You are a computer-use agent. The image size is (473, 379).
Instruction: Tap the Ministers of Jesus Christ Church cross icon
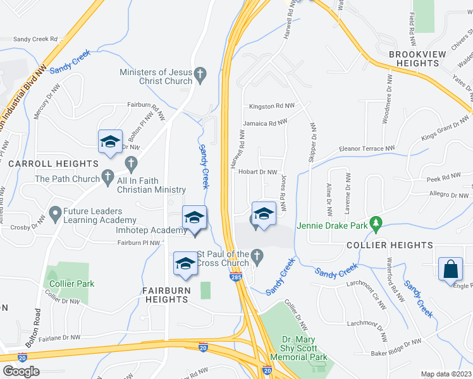[200, 73]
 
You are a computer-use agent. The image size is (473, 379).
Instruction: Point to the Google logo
[21, 371]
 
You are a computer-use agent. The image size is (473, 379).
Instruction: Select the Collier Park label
[71, 284]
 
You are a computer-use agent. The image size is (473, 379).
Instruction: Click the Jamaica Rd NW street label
[266, 122]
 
